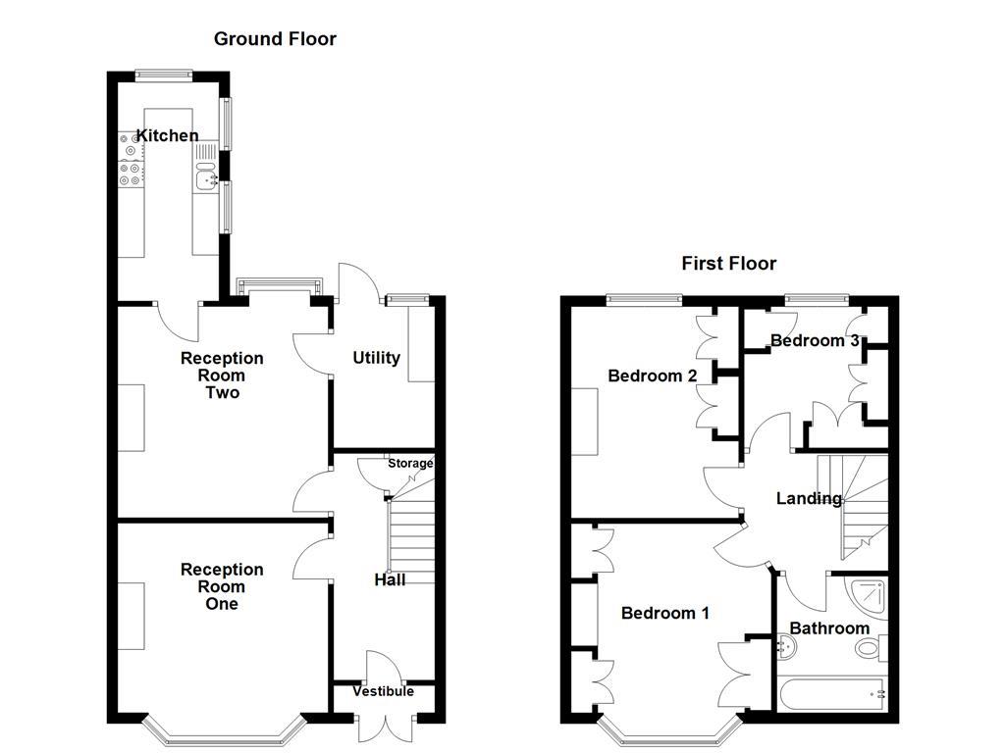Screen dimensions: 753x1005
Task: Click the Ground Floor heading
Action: point(275,39)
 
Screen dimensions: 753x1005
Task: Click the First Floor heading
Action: point(729,263)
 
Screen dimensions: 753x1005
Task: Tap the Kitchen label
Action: point(167,135)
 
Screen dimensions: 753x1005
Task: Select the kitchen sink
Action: point(206,178)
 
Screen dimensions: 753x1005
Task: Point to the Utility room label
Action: point(376,358)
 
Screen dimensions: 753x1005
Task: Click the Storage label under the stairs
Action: point(410,463)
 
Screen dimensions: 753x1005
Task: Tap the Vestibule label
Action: point(384,691)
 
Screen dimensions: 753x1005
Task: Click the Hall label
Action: point(390,579)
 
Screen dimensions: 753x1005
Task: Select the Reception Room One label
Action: point(222,586)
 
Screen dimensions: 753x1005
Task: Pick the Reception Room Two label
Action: point(222,376)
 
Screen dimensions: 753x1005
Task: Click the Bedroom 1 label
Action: point(664,613)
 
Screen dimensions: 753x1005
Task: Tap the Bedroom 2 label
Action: point(652,376)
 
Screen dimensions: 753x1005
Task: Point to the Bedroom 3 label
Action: point(815,340)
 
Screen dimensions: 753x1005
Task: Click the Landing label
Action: point(809,498)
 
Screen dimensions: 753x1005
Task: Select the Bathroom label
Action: point(829,627)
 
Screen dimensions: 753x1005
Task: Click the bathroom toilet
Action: point(870,649)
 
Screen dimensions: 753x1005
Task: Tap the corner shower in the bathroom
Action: point(870,596)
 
